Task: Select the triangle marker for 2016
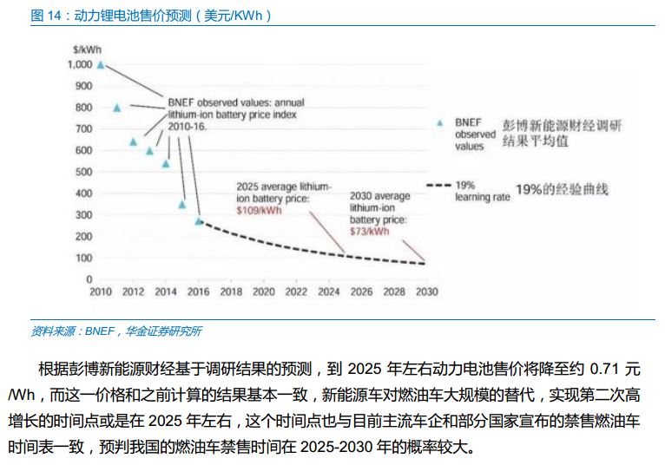coord(199,221)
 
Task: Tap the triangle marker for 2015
coord(182,205)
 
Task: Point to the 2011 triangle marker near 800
coord(117,108)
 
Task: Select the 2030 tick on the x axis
coord(426,292)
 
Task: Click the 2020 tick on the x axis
coord(264,292)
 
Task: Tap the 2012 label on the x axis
coord(134,292)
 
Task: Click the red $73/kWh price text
coord(369,231)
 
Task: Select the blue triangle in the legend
coord(440,124)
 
